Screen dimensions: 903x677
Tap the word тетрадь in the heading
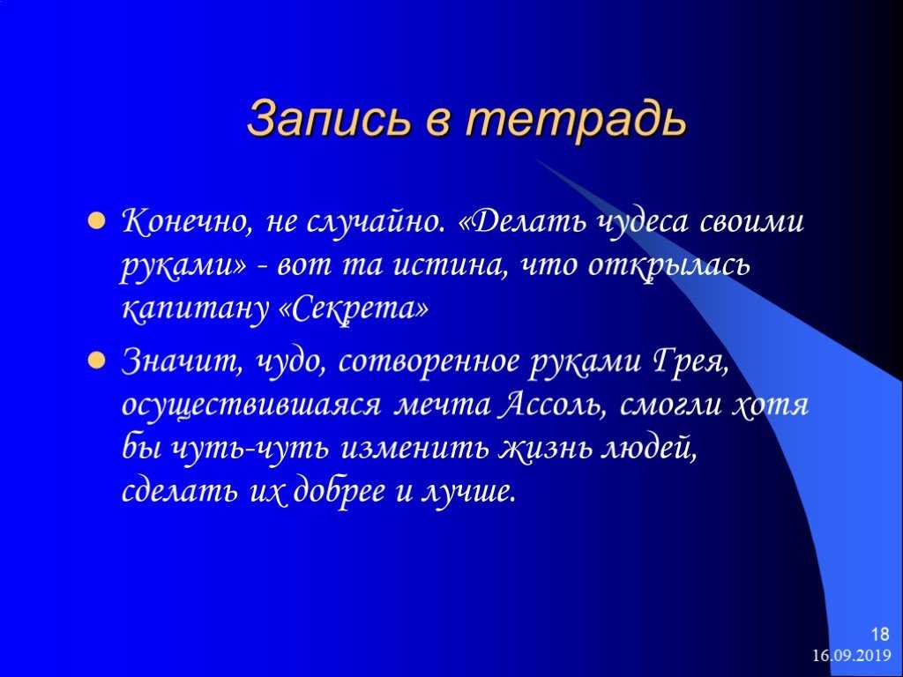(577, 119)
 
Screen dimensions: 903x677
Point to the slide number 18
(880, 635)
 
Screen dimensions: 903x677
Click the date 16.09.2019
(852, 656)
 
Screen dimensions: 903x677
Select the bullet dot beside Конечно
(96, 221)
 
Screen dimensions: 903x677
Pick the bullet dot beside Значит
(96, 361)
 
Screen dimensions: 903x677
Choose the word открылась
(669, 266)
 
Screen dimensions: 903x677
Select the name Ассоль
(556, 405)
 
